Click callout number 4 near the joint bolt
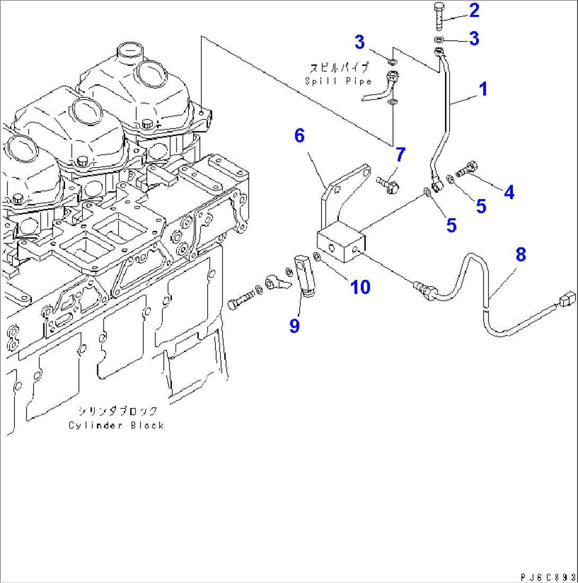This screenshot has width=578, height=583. [509, 192]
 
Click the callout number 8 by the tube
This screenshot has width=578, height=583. [521, 255]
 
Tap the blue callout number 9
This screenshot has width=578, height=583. [294, 325]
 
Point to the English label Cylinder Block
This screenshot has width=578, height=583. [116, 425]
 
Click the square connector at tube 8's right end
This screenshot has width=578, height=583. [565, 299]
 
